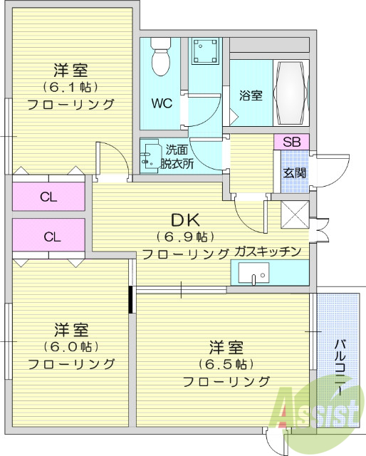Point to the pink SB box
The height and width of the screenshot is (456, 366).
click(x=292, y=142)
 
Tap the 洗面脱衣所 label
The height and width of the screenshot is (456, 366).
click(x=177, y=157)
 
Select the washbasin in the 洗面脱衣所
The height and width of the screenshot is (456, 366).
click(x=150, y=157)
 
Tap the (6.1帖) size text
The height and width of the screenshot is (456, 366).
click(x=71, y=88)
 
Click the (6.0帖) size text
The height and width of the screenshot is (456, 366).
click(x=71, y=347)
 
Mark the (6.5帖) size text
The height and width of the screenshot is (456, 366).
click(x=226, y=364)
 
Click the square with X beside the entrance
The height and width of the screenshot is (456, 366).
click(x=295, y=215)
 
